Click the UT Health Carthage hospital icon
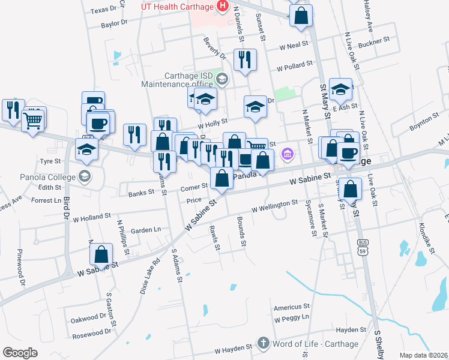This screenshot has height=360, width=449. [223, 7]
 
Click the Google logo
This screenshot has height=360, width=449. [20, 352]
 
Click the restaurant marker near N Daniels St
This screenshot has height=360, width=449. [244, 60]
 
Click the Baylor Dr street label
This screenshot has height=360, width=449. [115, 23]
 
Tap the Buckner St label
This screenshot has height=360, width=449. [374, 44]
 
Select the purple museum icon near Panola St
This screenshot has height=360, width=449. [288, 155]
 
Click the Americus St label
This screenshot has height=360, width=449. [291, 307]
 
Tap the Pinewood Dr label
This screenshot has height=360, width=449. [21, 266]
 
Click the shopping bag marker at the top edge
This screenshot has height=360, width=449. [301, 16]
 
